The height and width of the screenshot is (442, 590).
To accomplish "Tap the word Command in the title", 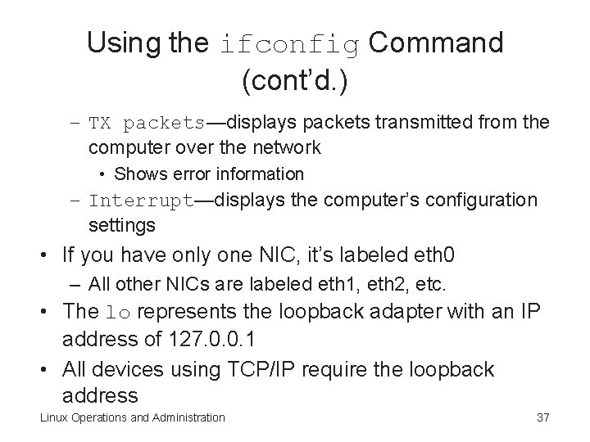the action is [x=435, y=43].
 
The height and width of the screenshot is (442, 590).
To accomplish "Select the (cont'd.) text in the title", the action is [x=295, y=80].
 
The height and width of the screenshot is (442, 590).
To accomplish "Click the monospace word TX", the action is [x=101, y=124].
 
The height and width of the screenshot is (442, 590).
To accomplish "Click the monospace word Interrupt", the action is [x=142, y=201].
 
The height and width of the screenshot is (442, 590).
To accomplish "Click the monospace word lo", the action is [x=118, y=311].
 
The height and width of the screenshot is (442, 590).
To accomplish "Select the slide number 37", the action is [x=542, y=418].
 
